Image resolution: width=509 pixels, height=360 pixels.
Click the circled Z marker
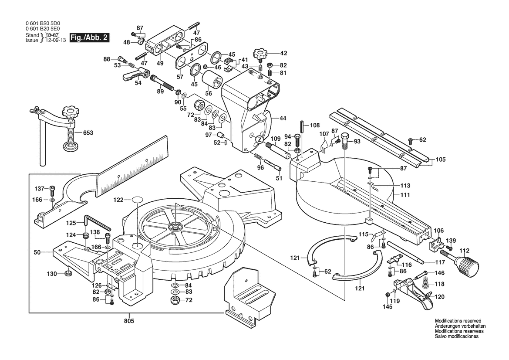pos(259,139)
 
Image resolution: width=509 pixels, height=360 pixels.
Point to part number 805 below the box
pos(129,321)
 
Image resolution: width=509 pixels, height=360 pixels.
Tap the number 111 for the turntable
pos(405,196)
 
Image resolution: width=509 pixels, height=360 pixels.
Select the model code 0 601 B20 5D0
pos(44,25)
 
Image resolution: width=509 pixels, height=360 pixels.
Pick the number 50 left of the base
pos(37,252)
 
